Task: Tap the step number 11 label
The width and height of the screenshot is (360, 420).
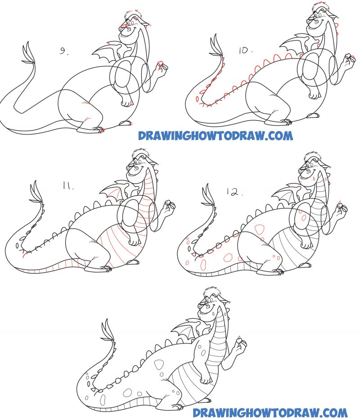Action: click(68, 186)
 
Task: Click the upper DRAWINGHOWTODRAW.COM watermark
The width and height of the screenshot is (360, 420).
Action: click(215, 135)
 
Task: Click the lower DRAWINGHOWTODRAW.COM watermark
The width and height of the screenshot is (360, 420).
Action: click(270, 412)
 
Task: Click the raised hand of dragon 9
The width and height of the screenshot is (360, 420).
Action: click(161, 67)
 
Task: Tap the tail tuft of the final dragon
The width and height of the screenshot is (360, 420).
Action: click(108, 333)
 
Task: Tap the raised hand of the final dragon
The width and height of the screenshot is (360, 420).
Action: click(241, 344)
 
